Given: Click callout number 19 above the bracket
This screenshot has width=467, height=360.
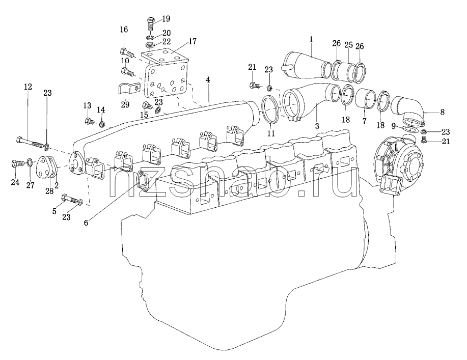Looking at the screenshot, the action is tap(166, 19).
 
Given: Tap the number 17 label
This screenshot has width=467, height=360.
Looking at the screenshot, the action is tap(193, 41).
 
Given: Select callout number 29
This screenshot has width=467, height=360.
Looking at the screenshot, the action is tap(125, 105).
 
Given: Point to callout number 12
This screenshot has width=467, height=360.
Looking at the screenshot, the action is tap(28, 87).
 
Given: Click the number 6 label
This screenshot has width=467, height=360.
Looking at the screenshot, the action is tap(86, 223).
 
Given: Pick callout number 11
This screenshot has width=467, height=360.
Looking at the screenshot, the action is tap(271, 133).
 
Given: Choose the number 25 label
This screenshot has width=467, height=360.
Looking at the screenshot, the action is tap(348, 45).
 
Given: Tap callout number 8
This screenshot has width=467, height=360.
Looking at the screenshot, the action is tap(442, 112).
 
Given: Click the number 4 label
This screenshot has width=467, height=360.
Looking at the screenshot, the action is tap(208, 80).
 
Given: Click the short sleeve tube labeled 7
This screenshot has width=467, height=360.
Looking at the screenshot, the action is tap(366, 99).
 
